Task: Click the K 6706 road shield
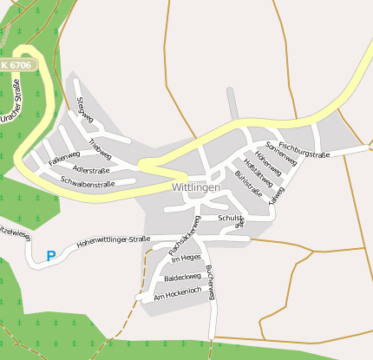pyautogui.click(x=16, y=65)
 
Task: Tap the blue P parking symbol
pyautogui.click(x=50, y=256)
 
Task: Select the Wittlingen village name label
pyautogui.click(x=196, y=187)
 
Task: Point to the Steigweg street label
pyautogui.click(x=85, y=110)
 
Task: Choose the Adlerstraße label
pyautogui.click(x=92, y=171)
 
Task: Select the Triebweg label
pyautogui.click(x=100, y=148)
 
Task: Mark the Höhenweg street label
pyautogui.click(x=269, y=162)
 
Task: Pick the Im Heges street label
pyautogui.click(x=186, y=258)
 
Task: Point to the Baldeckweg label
pyautogui.click(x=183, y=278)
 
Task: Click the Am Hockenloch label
pyautogui.click(x=177, y=297)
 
